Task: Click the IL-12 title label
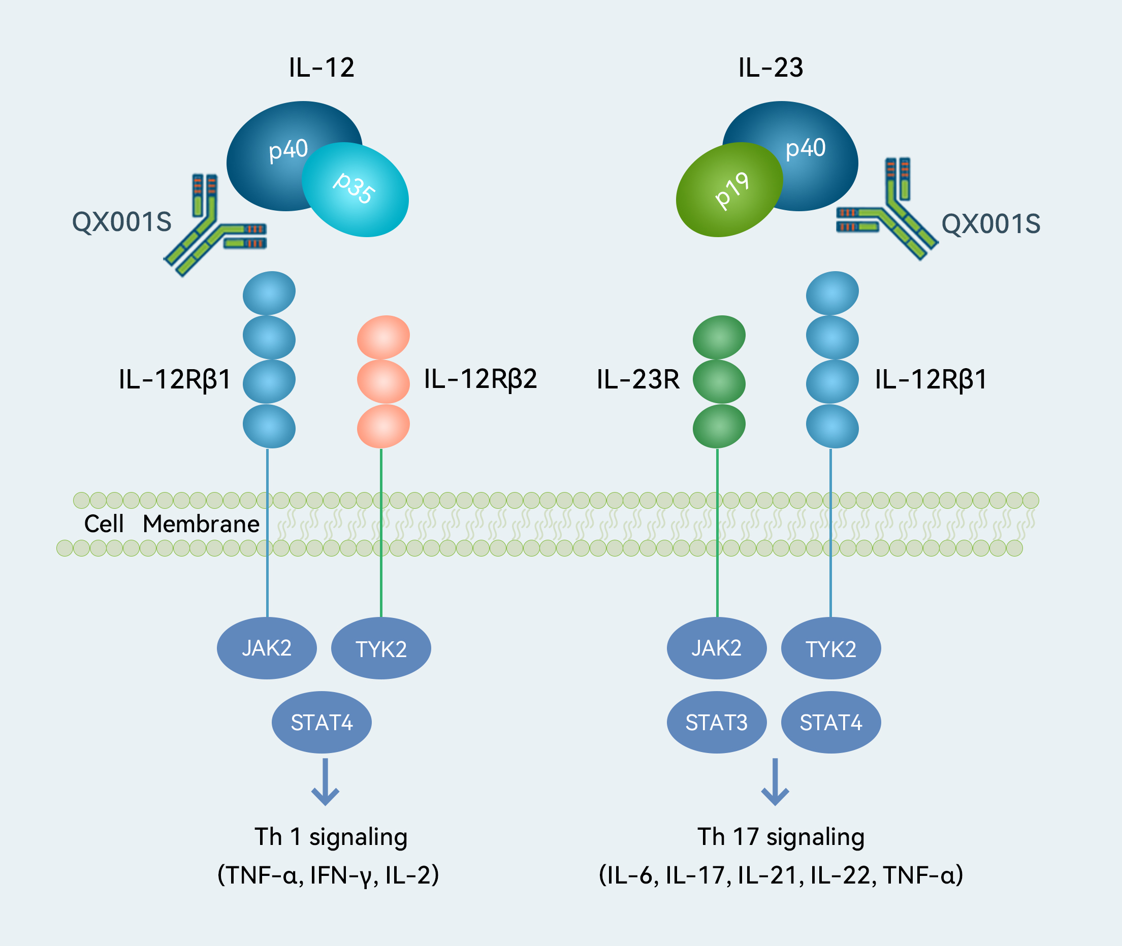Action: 322,68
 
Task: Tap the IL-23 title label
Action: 771,68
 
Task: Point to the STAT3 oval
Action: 717,723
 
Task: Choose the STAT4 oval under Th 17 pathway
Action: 831,723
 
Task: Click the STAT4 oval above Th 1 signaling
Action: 322,723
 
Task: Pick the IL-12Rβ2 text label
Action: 480,379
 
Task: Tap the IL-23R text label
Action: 637,380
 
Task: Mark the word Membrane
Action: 201,524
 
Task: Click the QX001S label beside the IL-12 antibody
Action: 122,222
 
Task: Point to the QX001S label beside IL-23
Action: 991,223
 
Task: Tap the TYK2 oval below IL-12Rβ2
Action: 381,649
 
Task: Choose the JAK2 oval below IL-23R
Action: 717,648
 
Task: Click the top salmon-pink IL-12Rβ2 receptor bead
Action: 383,337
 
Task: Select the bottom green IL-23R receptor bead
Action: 719,427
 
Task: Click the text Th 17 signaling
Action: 781,837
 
